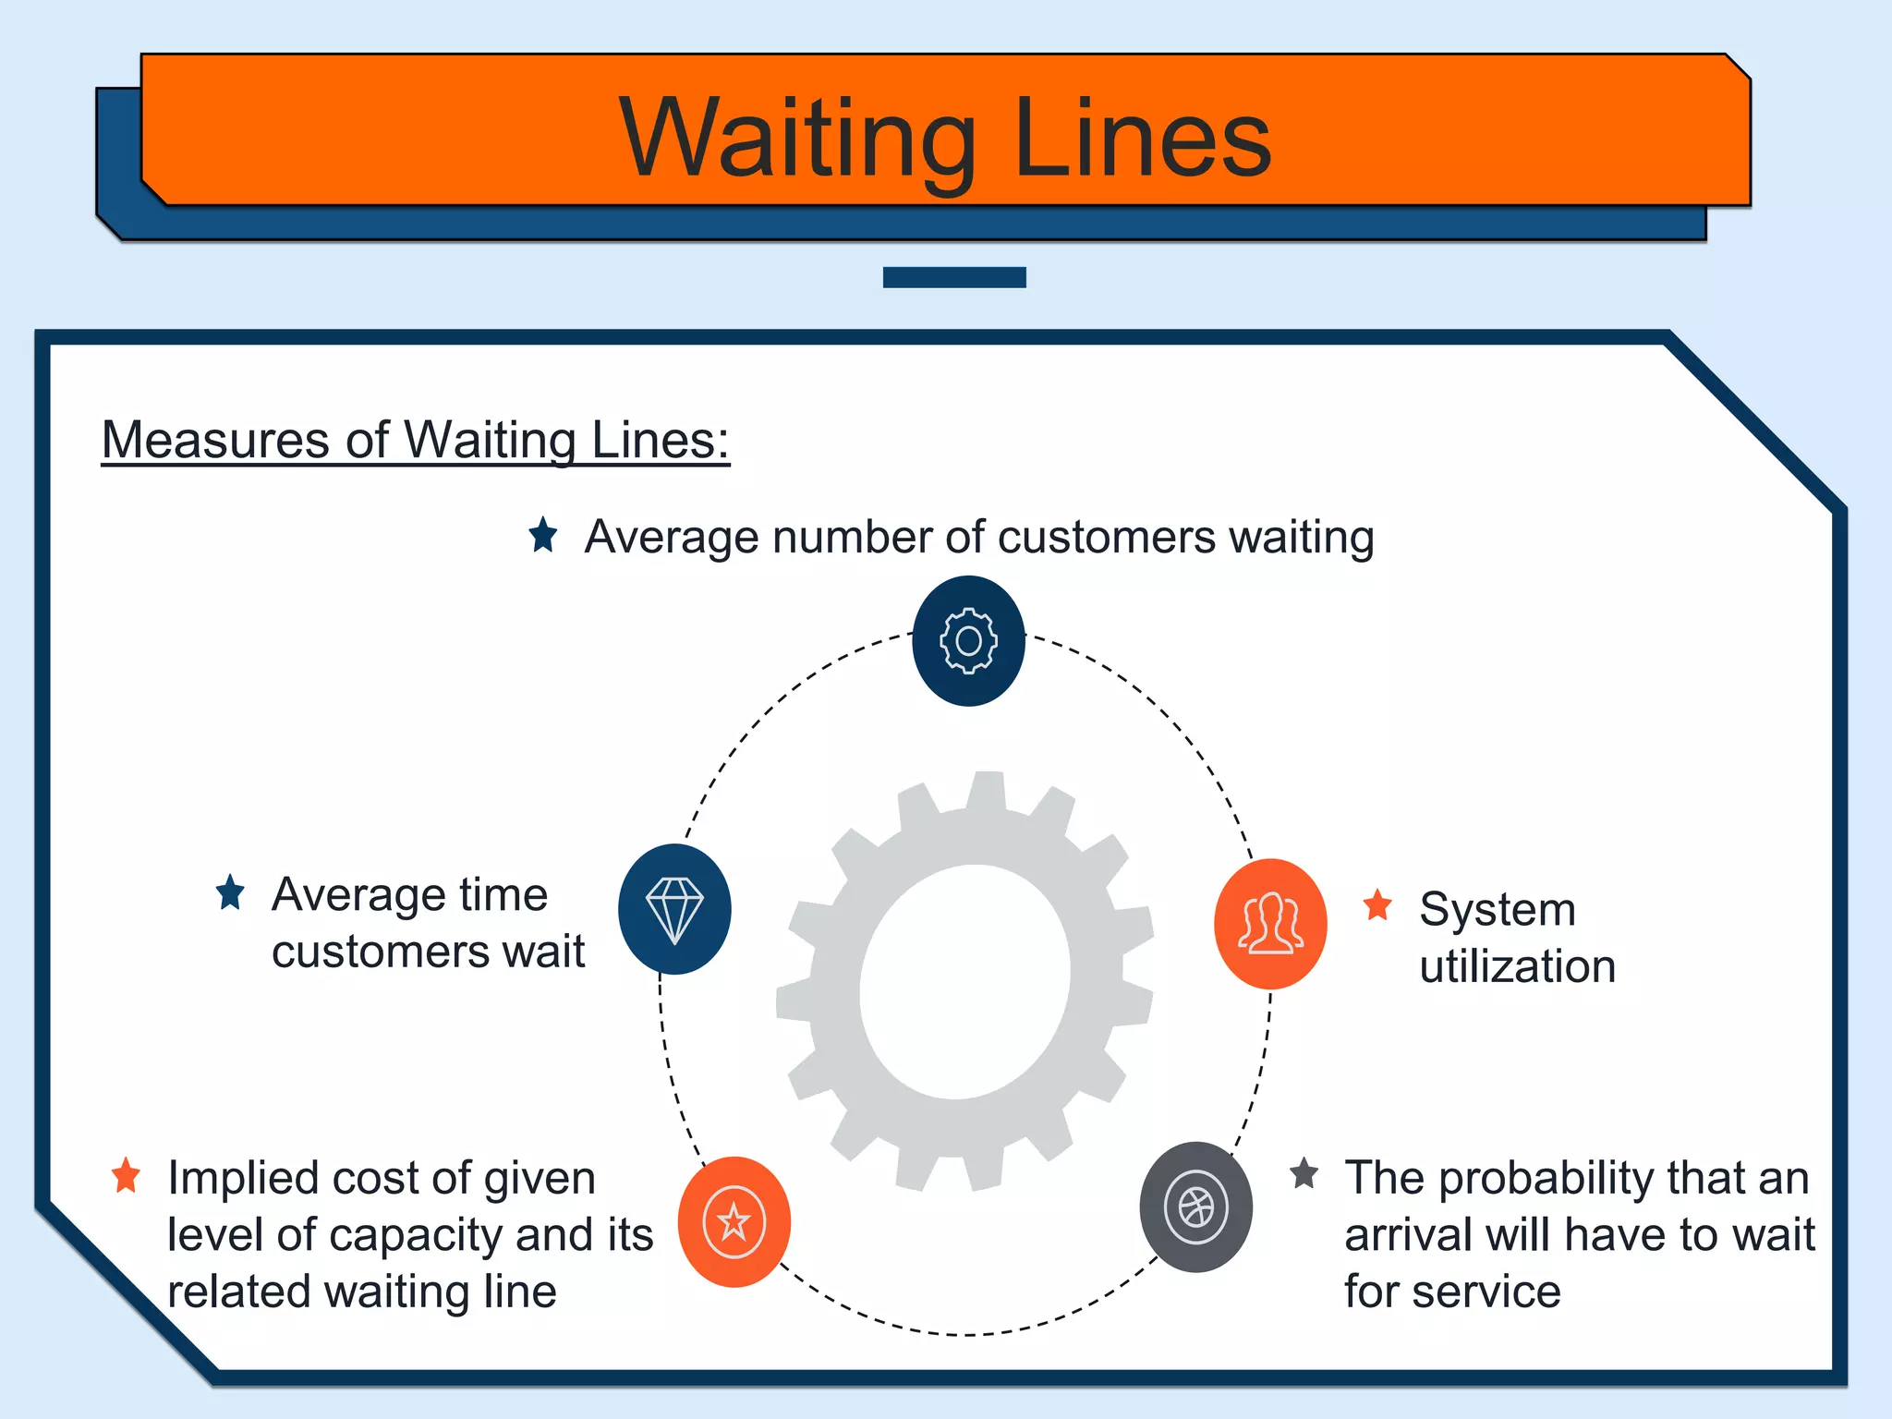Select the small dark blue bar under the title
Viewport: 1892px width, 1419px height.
(954, 277)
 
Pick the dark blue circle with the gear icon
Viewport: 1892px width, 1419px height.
(968, 641)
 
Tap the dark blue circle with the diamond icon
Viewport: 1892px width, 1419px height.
(674, 909)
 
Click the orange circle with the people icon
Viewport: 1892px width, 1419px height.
(1270, 924)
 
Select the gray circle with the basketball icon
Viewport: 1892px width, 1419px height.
(1195, 1207)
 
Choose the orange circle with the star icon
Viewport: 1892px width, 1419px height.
(734, 1221)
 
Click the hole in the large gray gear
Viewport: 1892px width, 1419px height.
(964, 982)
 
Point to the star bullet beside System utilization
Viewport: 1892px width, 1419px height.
(1377, 905)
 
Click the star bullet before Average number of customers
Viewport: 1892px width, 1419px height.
(543, 535)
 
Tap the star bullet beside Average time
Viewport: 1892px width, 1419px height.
(230, 892)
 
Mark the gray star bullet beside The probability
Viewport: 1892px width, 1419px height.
(1304, 1174)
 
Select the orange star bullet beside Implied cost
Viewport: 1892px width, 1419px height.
(126, 1176)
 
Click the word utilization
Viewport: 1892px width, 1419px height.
(1517, 967)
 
